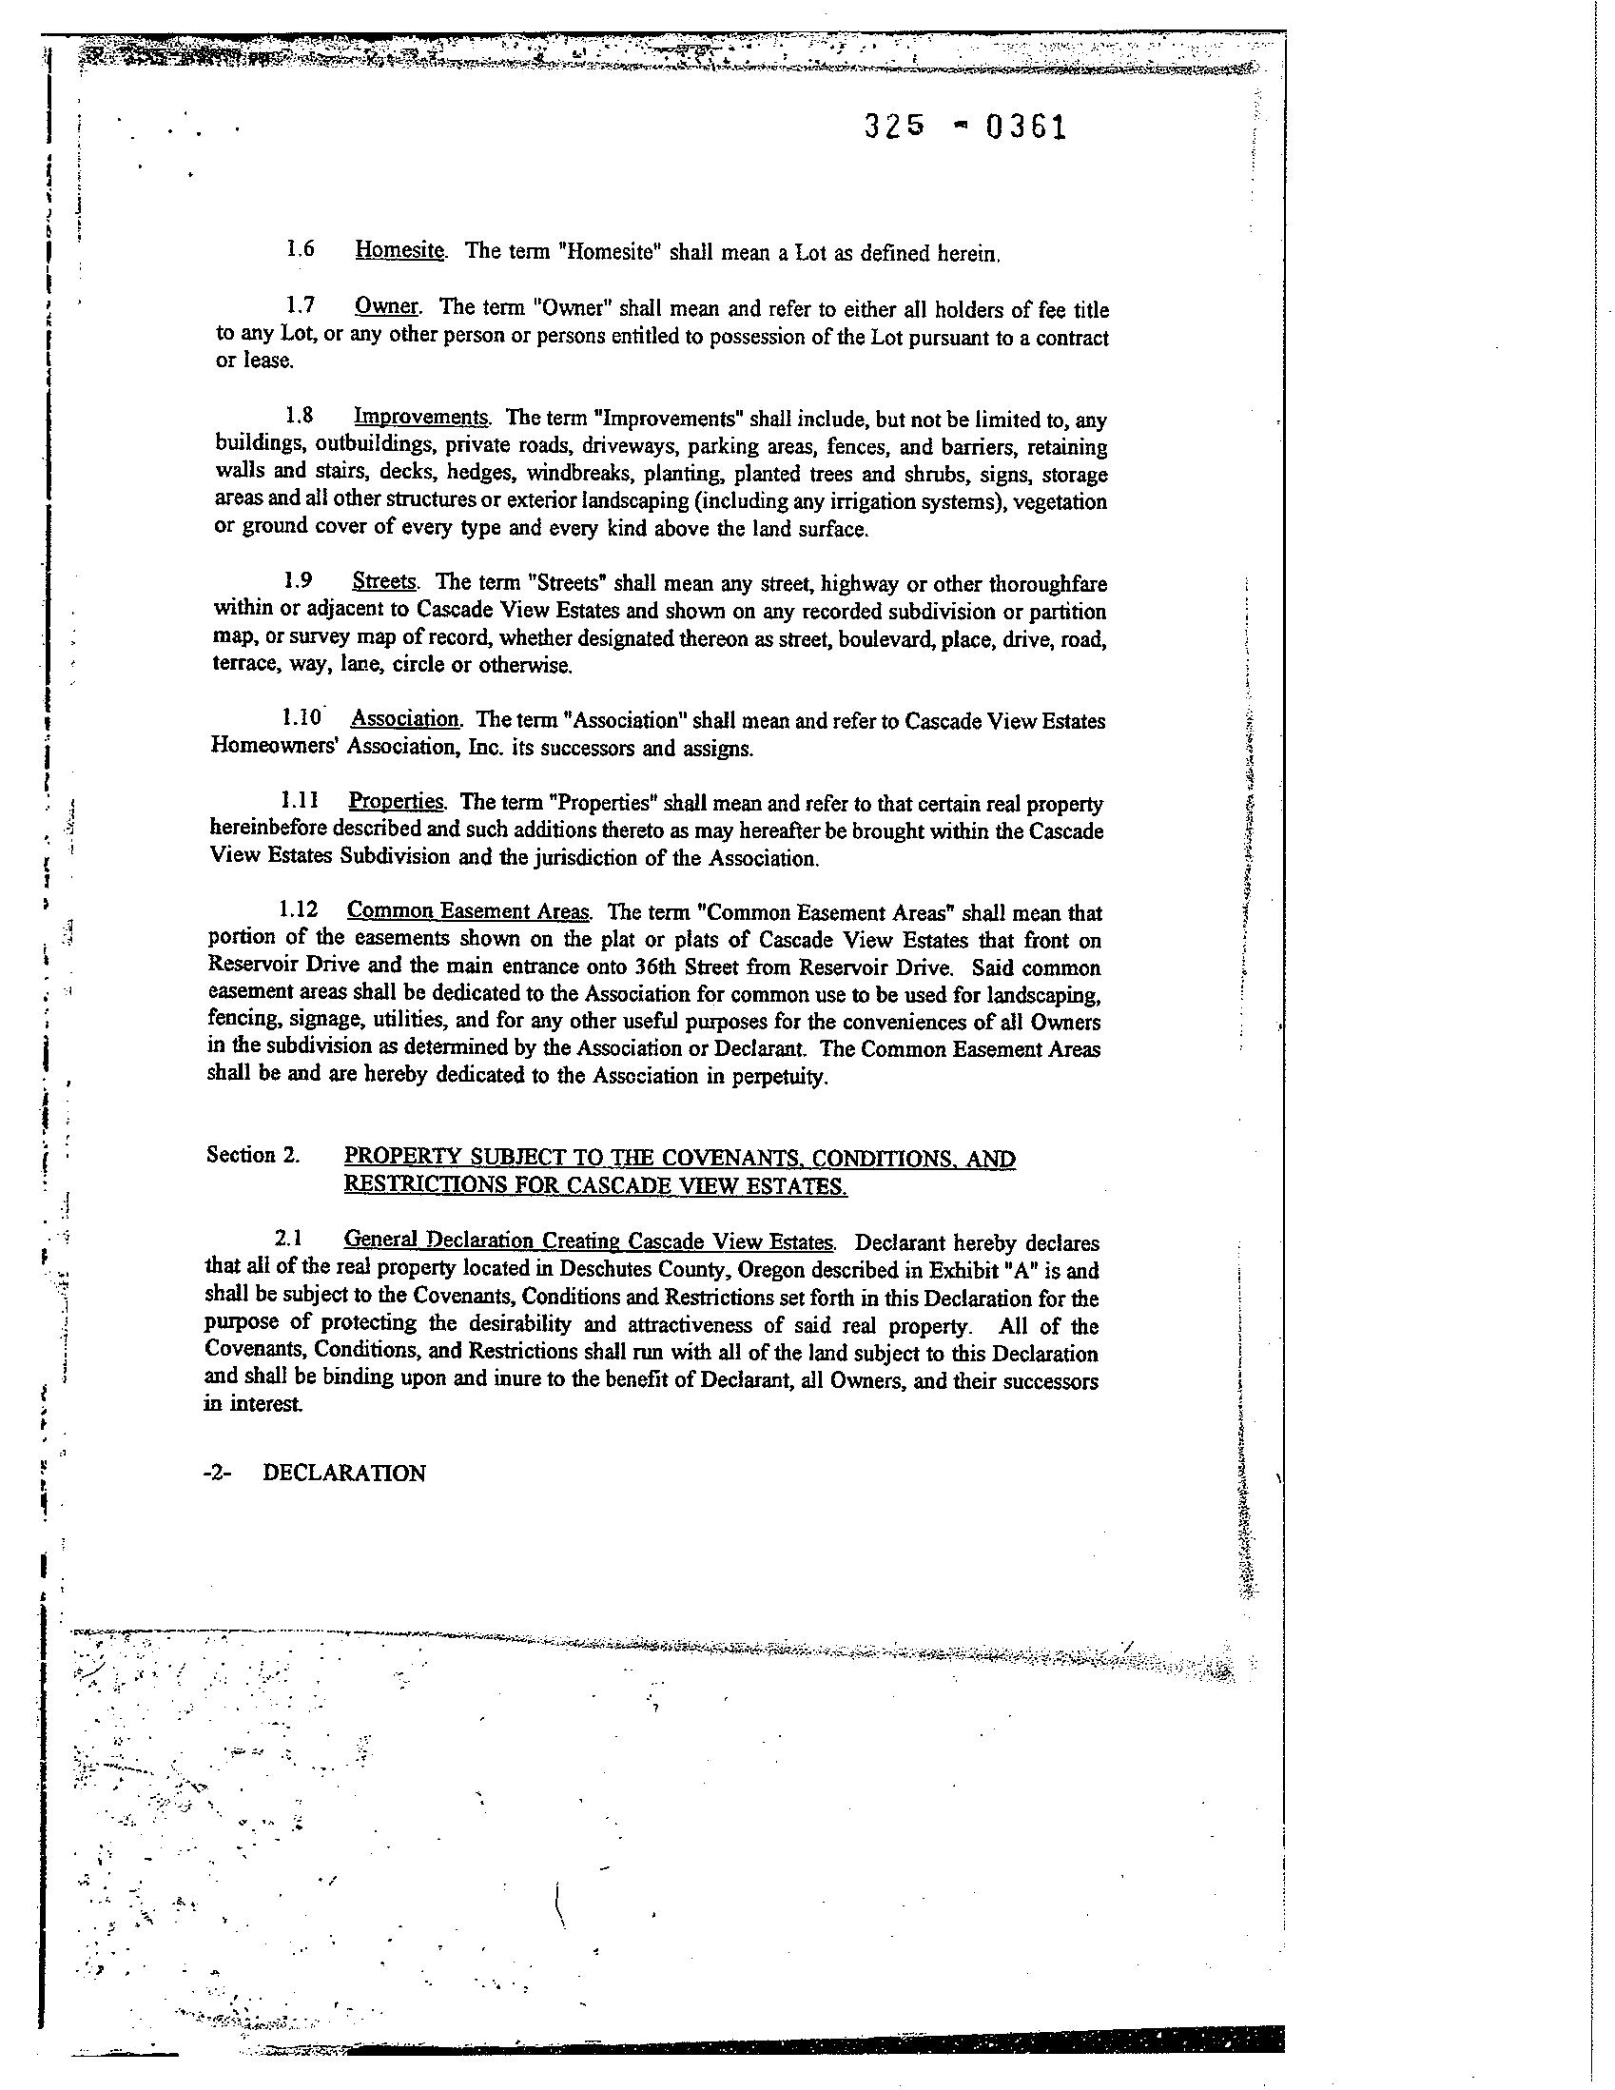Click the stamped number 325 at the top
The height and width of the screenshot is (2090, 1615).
pos(895,127)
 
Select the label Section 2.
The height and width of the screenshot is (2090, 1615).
pos(254,1155)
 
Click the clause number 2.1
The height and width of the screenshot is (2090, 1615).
pos(289,1241)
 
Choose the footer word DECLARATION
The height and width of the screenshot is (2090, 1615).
pos(343,1474)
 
